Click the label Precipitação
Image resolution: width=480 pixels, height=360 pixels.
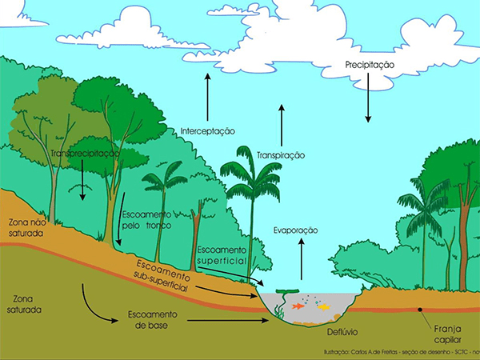point(370,63)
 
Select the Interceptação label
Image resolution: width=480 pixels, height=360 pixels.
point(206,130)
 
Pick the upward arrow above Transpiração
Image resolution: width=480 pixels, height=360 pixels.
point(282,125)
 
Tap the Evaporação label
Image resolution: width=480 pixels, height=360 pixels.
point(295,230)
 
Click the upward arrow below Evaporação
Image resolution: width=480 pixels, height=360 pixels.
point(302,258)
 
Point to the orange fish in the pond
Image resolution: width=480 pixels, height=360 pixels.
point(299,306)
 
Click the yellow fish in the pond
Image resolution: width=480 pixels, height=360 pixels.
point(323,306)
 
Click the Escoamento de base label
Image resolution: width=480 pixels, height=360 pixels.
point(150,319)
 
